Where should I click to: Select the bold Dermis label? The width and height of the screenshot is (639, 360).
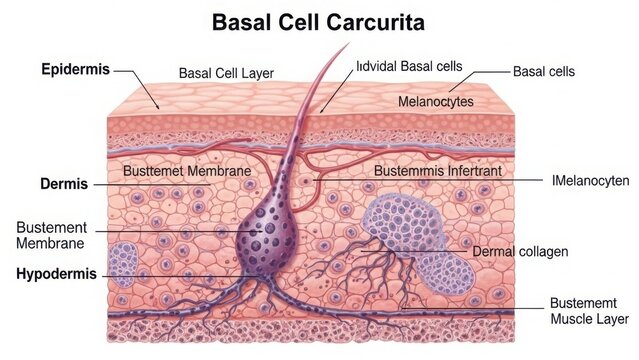click(x=64, y=184)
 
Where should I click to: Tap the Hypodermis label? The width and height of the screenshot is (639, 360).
click(x=57, y=273)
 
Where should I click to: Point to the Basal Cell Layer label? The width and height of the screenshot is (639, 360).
click(x=226, y=73)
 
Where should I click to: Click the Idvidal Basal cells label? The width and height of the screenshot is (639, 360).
click(x=409, y=66)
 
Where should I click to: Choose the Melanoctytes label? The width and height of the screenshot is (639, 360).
click(x=436, y=101)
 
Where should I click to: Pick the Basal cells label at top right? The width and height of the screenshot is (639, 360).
click(x=543, y=72)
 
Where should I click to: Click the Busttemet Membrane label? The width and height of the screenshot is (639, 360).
click(x=186, y=171)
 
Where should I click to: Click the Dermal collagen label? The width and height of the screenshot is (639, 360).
click(x=519, y=250)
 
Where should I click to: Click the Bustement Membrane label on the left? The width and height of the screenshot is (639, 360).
click(x=51, y=235)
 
